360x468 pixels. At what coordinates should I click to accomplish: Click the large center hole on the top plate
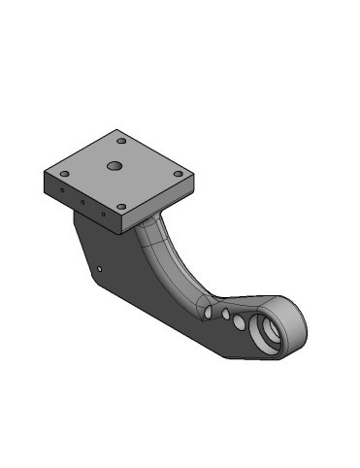point(115,166)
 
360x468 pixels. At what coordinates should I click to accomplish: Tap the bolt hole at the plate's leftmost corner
point(64,174)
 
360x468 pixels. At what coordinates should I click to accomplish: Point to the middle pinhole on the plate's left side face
point(83,203)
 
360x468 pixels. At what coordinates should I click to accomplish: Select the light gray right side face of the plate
point(160,205)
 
